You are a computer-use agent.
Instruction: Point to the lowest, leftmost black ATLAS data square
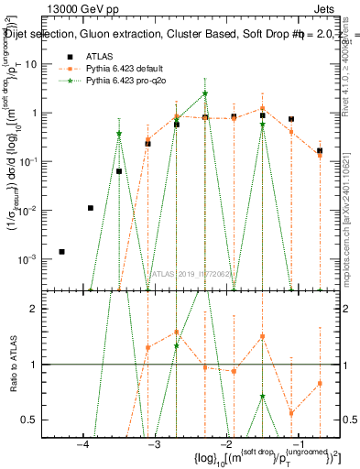click(x=61, y=251)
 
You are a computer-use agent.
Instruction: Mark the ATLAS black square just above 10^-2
click(x=90, y=208)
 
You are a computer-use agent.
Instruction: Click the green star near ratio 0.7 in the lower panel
click(x=262, y=397)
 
